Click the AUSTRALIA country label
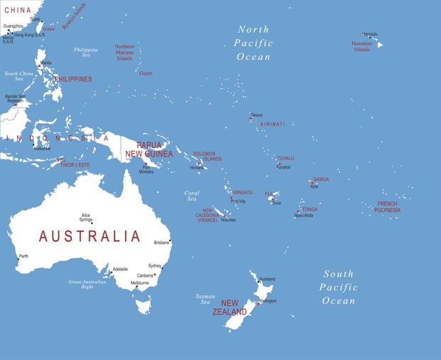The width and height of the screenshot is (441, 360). [x=90, y=236]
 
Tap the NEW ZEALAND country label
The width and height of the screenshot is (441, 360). [x=235, y=307]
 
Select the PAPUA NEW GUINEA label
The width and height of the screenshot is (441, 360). [x=149, y=149]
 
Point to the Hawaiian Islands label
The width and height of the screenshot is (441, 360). [x=361, y=46]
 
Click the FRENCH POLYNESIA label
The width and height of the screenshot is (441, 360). [x=388, y=207]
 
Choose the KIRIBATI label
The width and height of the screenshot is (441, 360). [x=272, y=125]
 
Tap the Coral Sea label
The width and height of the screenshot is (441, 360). [x=191, y=196]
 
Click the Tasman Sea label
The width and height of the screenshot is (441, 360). [x=205, y=299]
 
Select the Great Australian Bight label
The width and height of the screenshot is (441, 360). [x=91, y=285]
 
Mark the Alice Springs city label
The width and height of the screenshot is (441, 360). [x=85, y=218]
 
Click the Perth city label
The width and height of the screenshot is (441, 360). [x=23, y=256]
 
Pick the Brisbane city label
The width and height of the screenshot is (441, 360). [x=161, y=243]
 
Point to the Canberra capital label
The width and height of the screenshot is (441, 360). [x=144, y=275]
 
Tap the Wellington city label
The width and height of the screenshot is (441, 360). [x=267, y=301]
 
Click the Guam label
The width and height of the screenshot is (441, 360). [x=146, y=73]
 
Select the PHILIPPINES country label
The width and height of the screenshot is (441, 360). [x=73, y=79]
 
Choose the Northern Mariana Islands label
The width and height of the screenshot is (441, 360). [x=124, y=53]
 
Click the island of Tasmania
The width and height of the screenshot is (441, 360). [x=144, y=306]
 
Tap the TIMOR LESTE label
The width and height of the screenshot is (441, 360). [x=75, y=165]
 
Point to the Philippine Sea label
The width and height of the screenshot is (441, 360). [x=86, y=52]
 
